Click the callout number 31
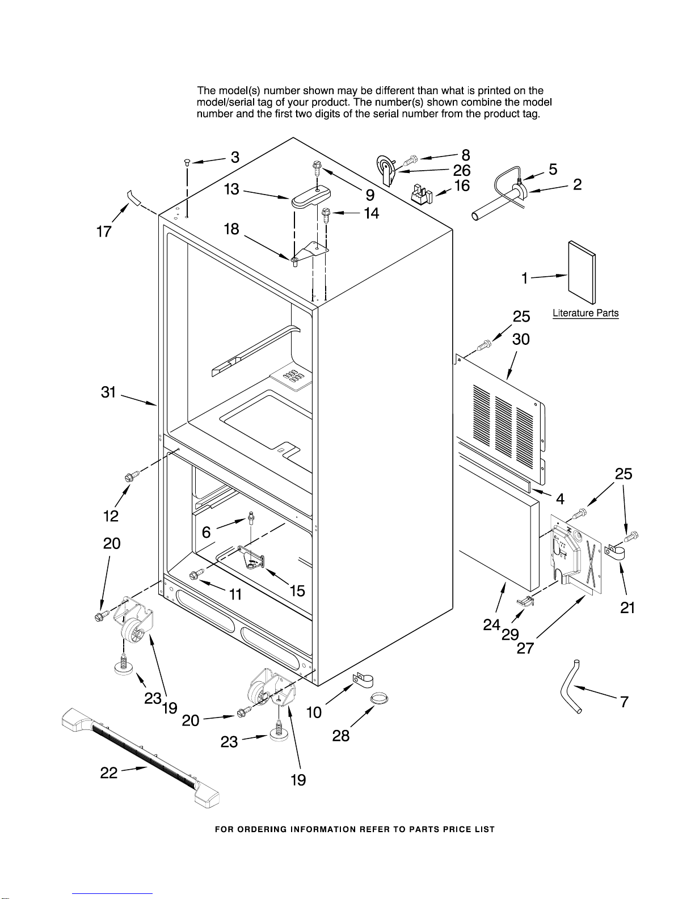click(x=108, y=392)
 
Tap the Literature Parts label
click(x=586, y=313)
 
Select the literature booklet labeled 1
click(x=582, y=272)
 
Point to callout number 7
click(x=624, y=702)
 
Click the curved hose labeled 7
click(x=570, y=687)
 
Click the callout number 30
click(x=521, y=339)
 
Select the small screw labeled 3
click(x=187, y=163)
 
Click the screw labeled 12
click(x=129, y=478)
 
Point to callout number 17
click(x=104, y=231)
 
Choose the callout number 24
click(x=491, y=624)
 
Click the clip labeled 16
click(x=421, y=194)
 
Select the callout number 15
click(x=297, y=591)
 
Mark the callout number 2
click(x=577, y=184)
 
